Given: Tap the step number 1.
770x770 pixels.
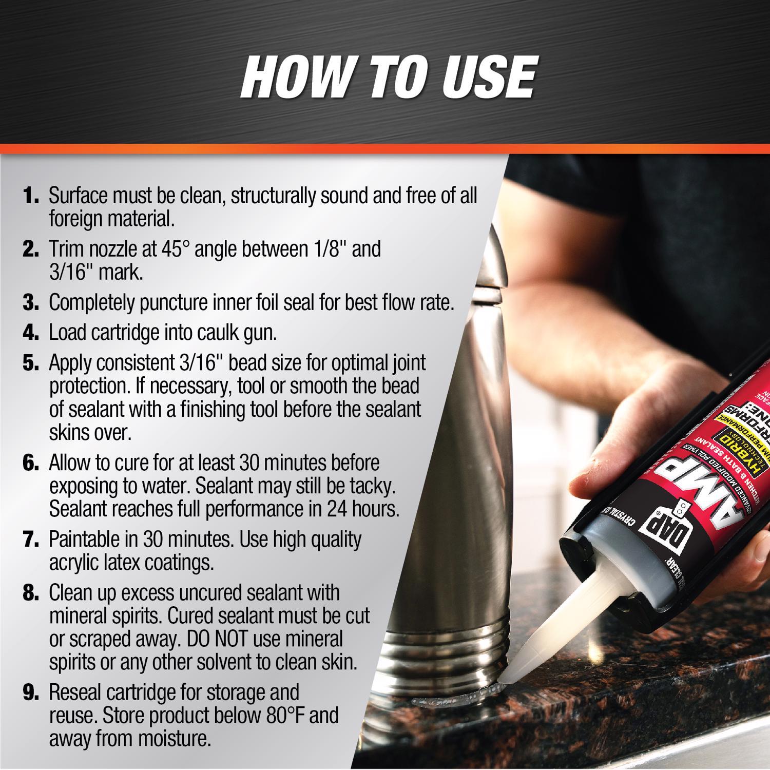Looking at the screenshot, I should (30, 196).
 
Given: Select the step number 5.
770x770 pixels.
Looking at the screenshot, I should (30, 363).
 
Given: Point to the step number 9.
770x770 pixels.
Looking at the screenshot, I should (30, 692).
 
